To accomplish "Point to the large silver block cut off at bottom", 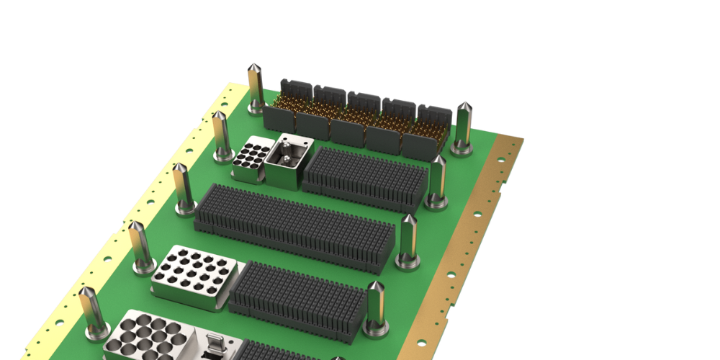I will click(148, 337).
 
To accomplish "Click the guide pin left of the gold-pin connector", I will click(256, 89).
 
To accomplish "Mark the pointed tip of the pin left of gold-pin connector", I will click(255, 67).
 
